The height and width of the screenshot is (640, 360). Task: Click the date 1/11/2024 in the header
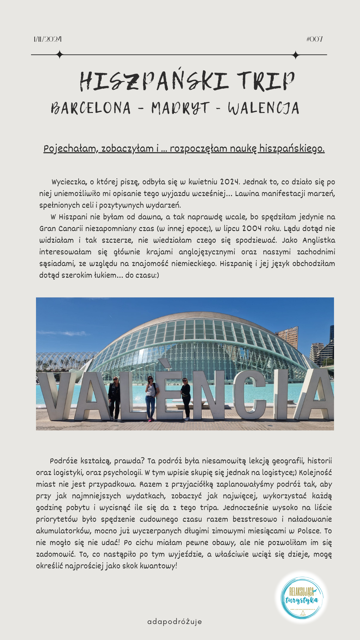point(47,39)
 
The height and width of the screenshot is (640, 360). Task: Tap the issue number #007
point(314,39)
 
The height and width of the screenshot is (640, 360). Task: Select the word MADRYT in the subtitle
point(180,108)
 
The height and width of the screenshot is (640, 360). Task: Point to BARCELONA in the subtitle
point(91,108)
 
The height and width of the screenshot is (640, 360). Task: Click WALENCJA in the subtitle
point(263,108)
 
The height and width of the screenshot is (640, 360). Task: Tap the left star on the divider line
point(60,55)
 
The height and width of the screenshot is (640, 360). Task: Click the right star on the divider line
point(296,55)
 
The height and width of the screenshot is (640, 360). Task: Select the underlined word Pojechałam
point(70,148)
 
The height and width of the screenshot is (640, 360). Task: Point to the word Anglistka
point(319,240)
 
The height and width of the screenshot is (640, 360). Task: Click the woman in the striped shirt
point(151,398)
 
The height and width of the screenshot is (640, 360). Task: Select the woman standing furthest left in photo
point(114,398)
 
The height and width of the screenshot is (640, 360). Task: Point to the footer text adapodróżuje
point(174,622)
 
